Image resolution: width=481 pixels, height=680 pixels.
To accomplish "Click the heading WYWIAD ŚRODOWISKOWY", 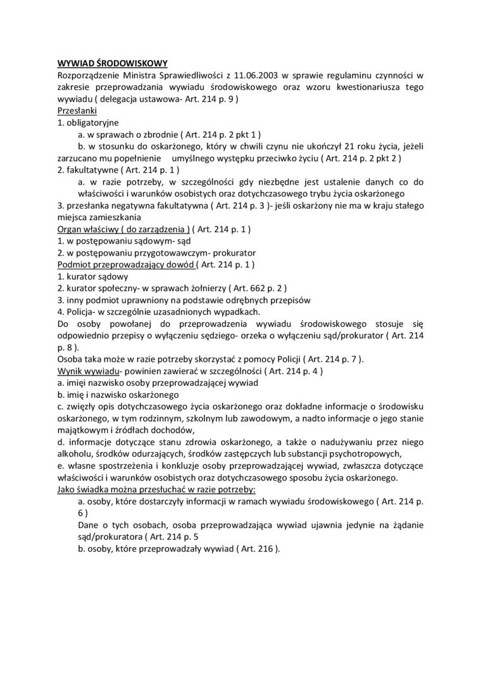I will [112, 63].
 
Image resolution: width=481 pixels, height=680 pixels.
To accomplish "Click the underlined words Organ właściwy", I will [87, 229].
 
